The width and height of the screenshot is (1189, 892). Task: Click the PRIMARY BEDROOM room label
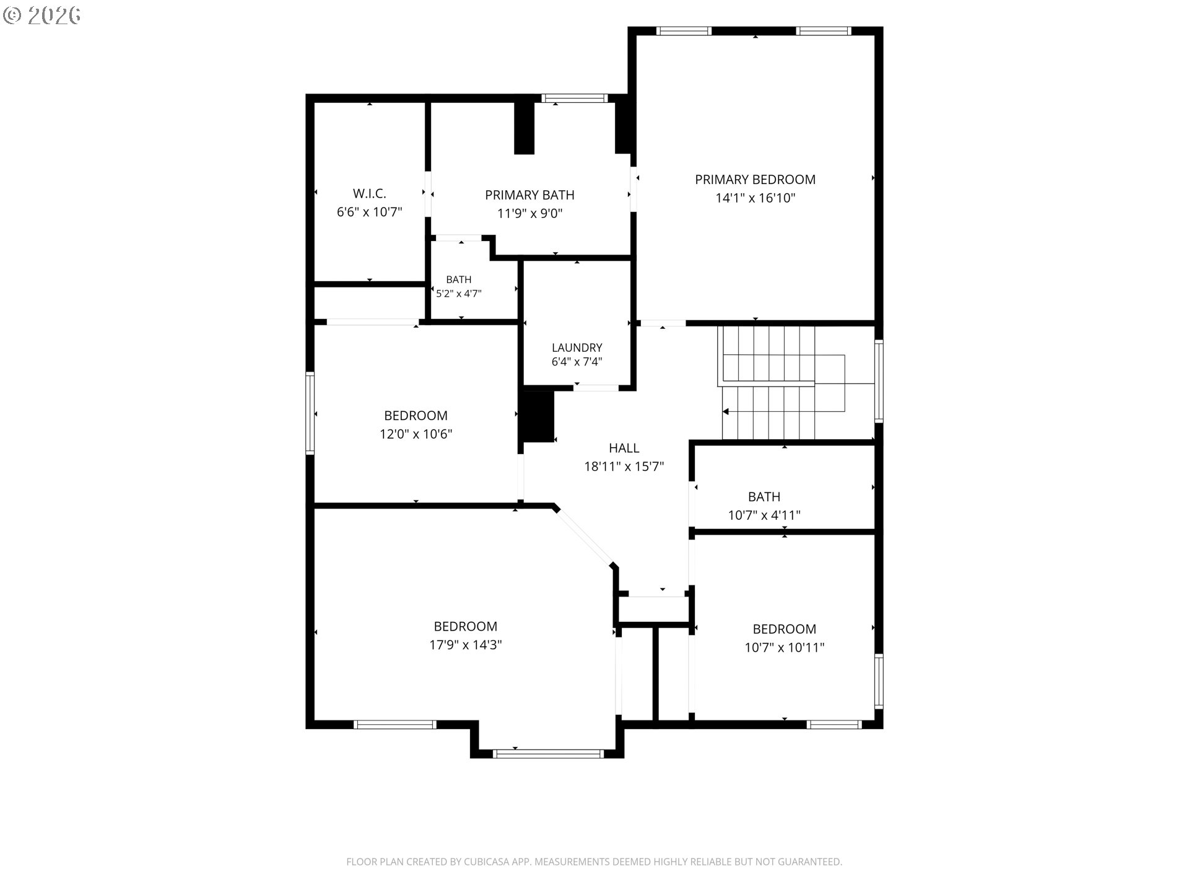coord(755,180)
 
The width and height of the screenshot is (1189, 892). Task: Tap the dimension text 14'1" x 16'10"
coord(755,198)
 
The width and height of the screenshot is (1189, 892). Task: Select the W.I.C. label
coord(370,194)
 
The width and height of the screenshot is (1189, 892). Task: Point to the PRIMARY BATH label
coord(529,195)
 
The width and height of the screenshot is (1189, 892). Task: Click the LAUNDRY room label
coord(577,348)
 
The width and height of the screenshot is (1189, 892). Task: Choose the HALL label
coord(624,448)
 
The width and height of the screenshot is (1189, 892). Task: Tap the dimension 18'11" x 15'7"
coord(624,466)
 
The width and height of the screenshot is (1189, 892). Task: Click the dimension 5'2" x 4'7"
coord(459,294)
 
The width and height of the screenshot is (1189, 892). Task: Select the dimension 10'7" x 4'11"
coord(764,515)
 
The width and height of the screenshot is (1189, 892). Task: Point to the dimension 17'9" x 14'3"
coord(466,645)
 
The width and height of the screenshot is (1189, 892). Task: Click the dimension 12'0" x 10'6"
coord(416,434)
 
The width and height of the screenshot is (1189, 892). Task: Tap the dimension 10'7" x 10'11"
coord(785,648)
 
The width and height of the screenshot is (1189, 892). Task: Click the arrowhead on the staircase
coord(726,412)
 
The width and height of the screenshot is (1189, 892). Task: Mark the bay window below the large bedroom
coord(548,754)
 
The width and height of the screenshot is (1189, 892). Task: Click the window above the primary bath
coord(575,98)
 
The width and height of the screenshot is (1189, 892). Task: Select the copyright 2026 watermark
coord(42,15)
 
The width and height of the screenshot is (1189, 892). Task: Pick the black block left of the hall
coord(538,416)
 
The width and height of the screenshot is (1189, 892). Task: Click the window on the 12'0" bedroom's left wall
coord(310,413)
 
